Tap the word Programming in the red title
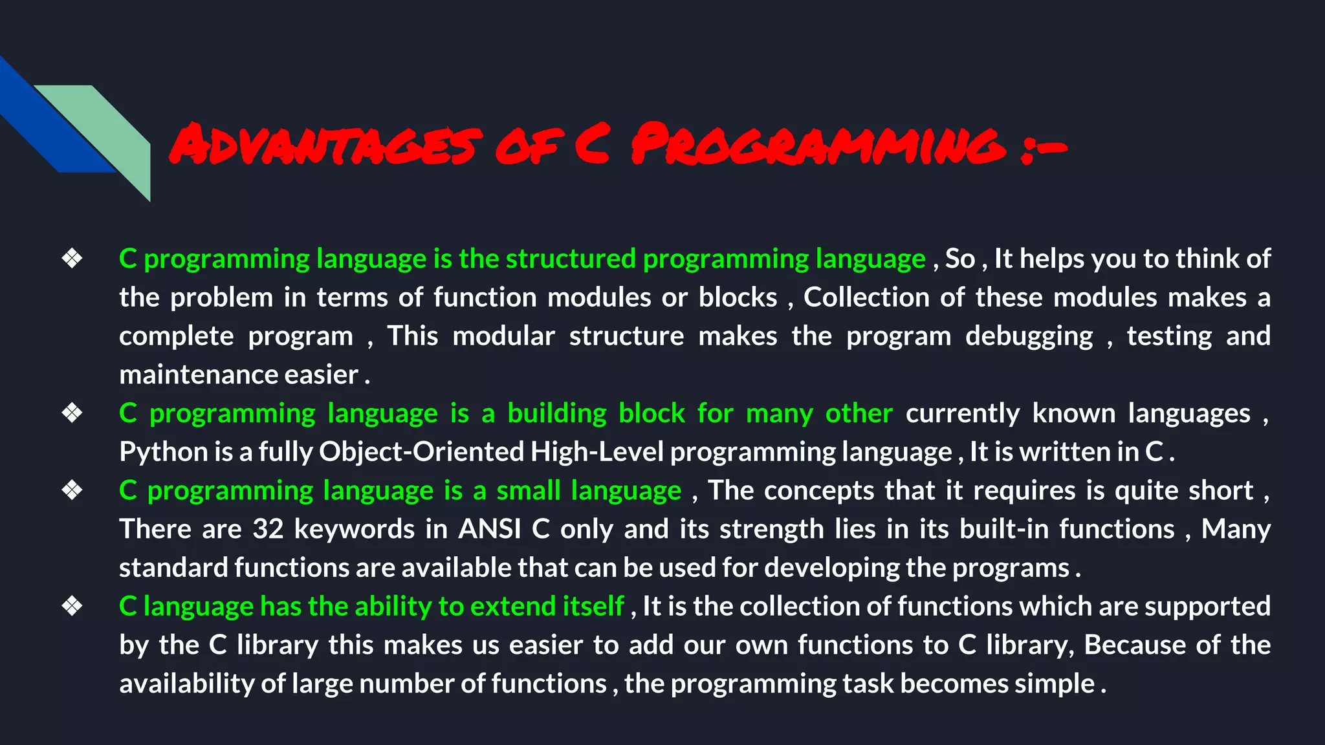(818, 144)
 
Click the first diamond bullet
(72, 259)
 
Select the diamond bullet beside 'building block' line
(72, 413)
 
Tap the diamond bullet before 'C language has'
(72, 606)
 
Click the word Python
(156, 452)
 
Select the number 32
(268, 529)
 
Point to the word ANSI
(489, 529)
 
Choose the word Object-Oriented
(421, 452)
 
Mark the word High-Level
(597, 452)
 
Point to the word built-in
(1003, 529)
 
